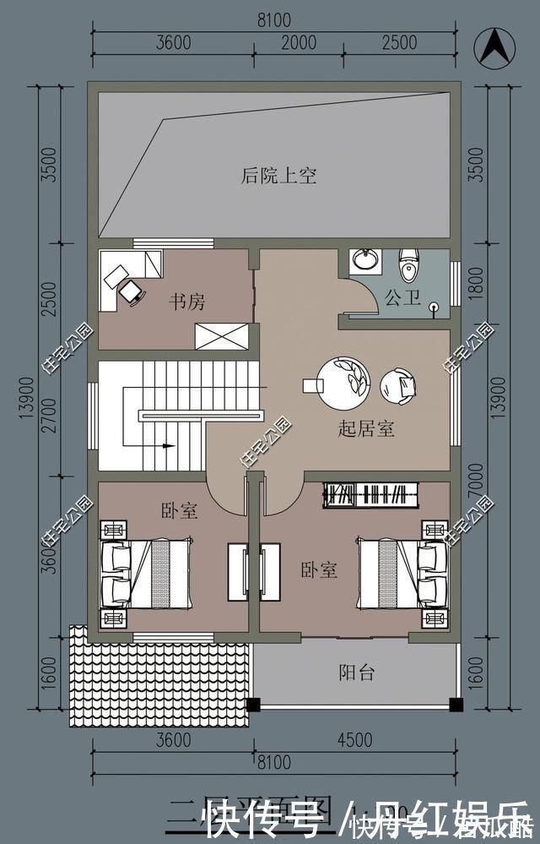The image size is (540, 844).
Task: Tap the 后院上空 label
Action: point(278,176)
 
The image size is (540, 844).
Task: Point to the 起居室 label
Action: point(366,428)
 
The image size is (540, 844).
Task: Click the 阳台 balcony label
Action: point(357,672)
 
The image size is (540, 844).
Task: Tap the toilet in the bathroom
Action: point(409,264)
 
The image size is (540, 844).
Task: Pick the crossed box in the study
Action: point(222,335)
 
